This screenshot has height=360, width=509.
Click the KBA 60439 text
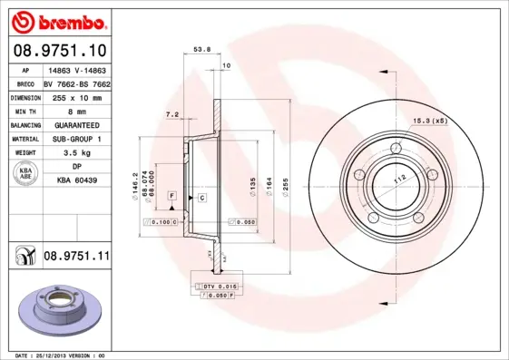(76, 181)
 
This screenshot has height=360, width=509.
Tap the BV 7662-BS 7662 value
(76, 82)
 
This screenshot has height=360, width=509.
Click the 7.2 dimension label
(171, 115)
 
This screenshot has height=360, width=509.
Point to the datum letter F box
(171, 196)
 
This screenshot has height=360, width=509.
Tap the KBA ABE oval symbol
(24, 174)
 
